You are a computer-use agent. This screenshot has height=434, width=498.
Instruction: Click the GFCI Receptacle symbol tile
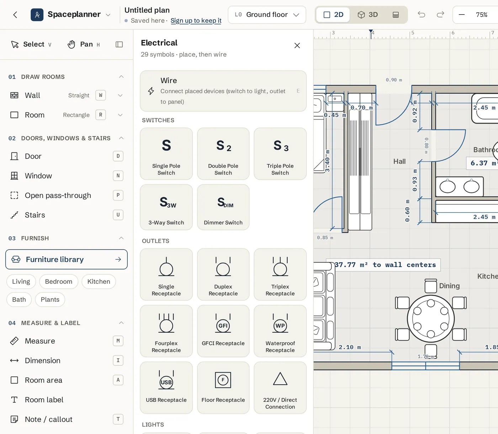tap(223, 331)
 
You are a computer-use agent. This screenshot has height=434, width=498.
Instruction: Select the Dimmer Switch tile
tap(223, 207)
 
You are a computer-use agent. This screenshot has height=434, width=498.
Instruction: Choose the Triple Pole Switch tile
tap(280, 154)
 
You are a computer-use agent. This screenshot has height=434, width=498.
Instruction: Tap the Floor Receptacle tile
tap(223, 387)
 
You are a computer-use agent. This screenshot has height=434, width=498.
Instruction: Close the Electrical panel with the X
tap(297, 45)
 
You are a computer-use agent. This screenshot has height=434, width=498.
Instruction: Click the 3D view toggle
tap(367, 15)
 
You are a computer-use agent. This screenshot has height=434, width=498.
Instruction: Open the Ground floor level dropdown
tap(267, 15)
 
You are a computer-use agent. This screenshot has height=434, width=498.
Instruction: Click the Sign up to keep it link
tap(196, 21)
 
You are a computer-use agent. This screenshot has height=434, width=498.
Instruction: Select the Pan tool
tap(84, 44)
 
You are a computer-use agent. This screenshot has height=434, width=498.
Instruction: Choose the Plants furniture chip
tap(50, 299)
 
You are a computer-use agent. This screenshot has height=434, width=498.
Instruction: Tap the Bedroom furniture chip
tap(59, 281)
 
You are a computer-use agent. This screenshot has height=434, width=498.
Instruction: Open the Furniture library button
tap(67, 259)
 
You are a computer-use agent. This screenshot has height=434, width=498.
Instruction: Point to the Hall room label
tap(399, 161)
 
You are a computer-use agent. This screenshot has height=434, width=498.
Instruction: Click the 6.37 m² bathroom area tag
tap(482, 163)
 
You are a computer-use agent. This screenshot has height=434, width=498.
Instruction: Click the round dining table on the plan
tap(430, 318)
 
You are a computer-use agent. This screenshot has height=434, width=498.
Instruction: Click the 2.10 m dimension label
tap(350, 347)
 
